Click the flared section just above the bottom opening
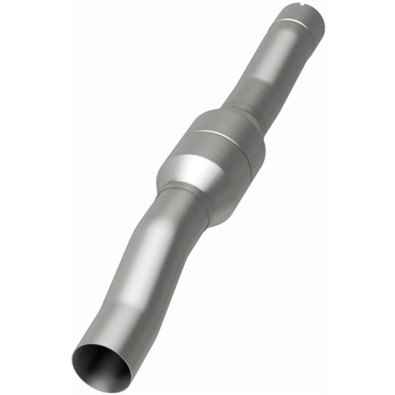coord(109,329)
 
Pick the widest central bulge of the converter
coord(224,142)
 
